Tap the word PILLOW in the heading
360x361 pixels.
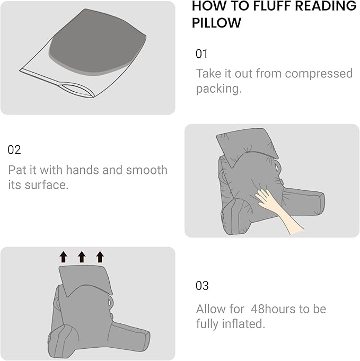(216, 23)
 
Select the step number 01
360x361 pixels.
(202, 54)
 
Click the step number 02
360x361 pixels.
(14, 149)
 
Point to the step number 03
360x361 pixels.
(202, 286)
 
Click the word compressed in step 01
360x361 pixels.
(320, 73)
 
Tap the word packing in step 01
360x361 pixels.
(217, 89)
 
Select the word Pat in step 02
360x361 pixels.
(17, 170)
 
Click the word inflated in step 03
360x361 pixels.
(242, 324)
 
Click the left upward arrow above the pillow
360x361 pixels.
(64, 257)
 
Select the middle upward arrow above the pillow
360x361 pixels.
(82, 257)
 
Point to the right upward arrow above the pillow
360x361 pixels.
(100, 257)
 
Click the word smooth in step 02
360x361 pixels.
(146, 170)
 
